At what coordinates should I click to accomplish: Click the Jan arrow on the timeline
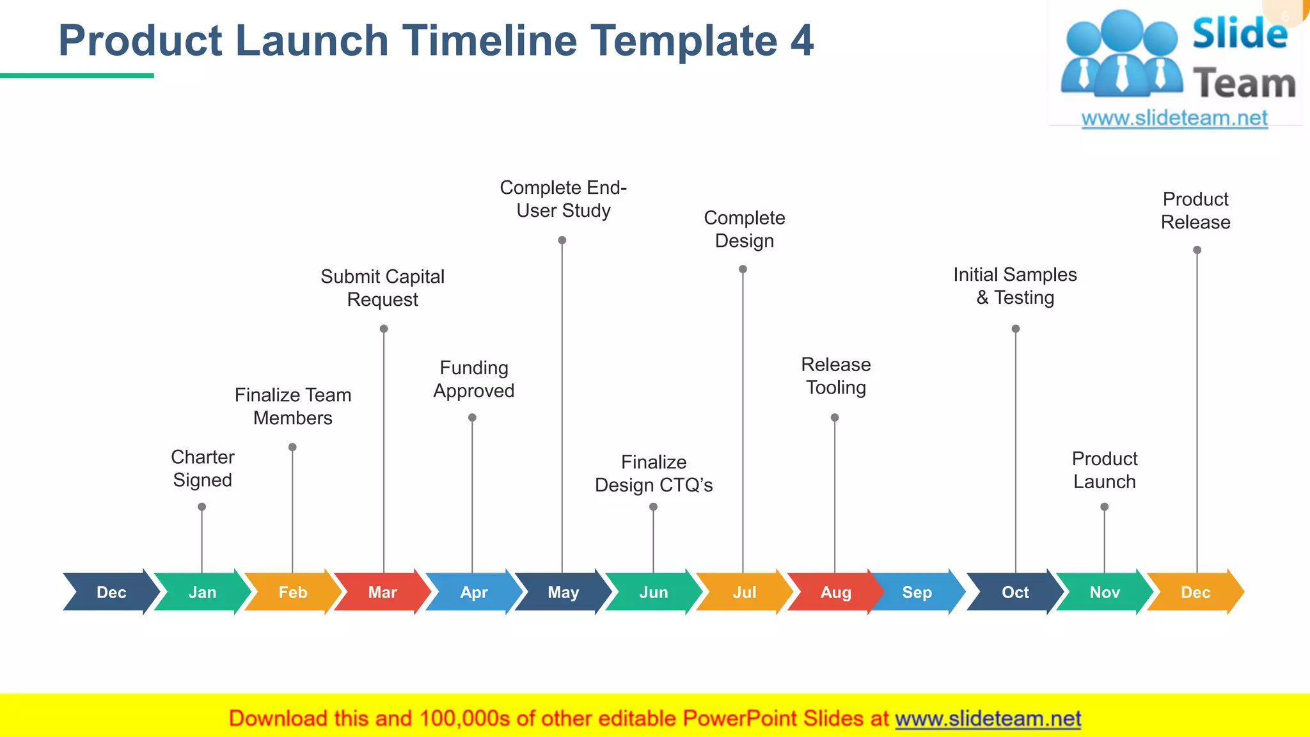[202, 592]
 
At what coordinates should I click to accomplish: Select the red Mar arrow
[383, 592]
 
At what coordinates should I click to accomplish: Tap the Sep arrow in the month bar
[917, 592]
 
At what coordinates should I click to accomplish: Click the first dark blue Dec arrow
[111, 592]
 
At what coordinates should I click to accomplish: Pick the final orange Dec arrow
[1195, 592]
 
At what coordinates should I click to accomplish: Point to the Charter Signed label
[202, 468]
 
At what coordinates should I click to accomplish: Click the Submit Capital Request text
[383, 288]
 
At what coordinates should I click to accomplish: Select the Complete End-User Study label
[563, 199]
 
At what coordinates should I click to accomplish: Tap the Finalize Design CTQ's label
[653, 473]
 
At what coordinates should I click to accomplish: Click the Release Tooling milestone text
[835, 376]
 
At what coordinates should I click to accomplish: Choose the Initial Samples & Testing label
[1015, 286]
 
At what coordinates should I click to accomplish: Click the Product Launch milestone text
[1105, 470]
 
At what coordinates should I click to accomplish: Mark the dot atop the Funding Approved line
[472, 418]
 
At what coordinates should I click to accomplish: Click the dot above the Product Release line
[1197, 250]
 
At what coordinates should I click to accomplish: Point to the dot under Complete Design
[743, 269]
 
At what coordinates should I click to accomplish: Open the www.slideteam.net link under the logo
[1174, 118]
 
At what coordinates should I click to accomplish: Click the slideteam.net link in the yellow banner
[988, 719]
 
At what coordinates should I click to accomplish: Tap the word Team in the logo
[1244, 84]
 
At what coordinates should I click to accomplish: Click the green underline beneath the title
[77, 75]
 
